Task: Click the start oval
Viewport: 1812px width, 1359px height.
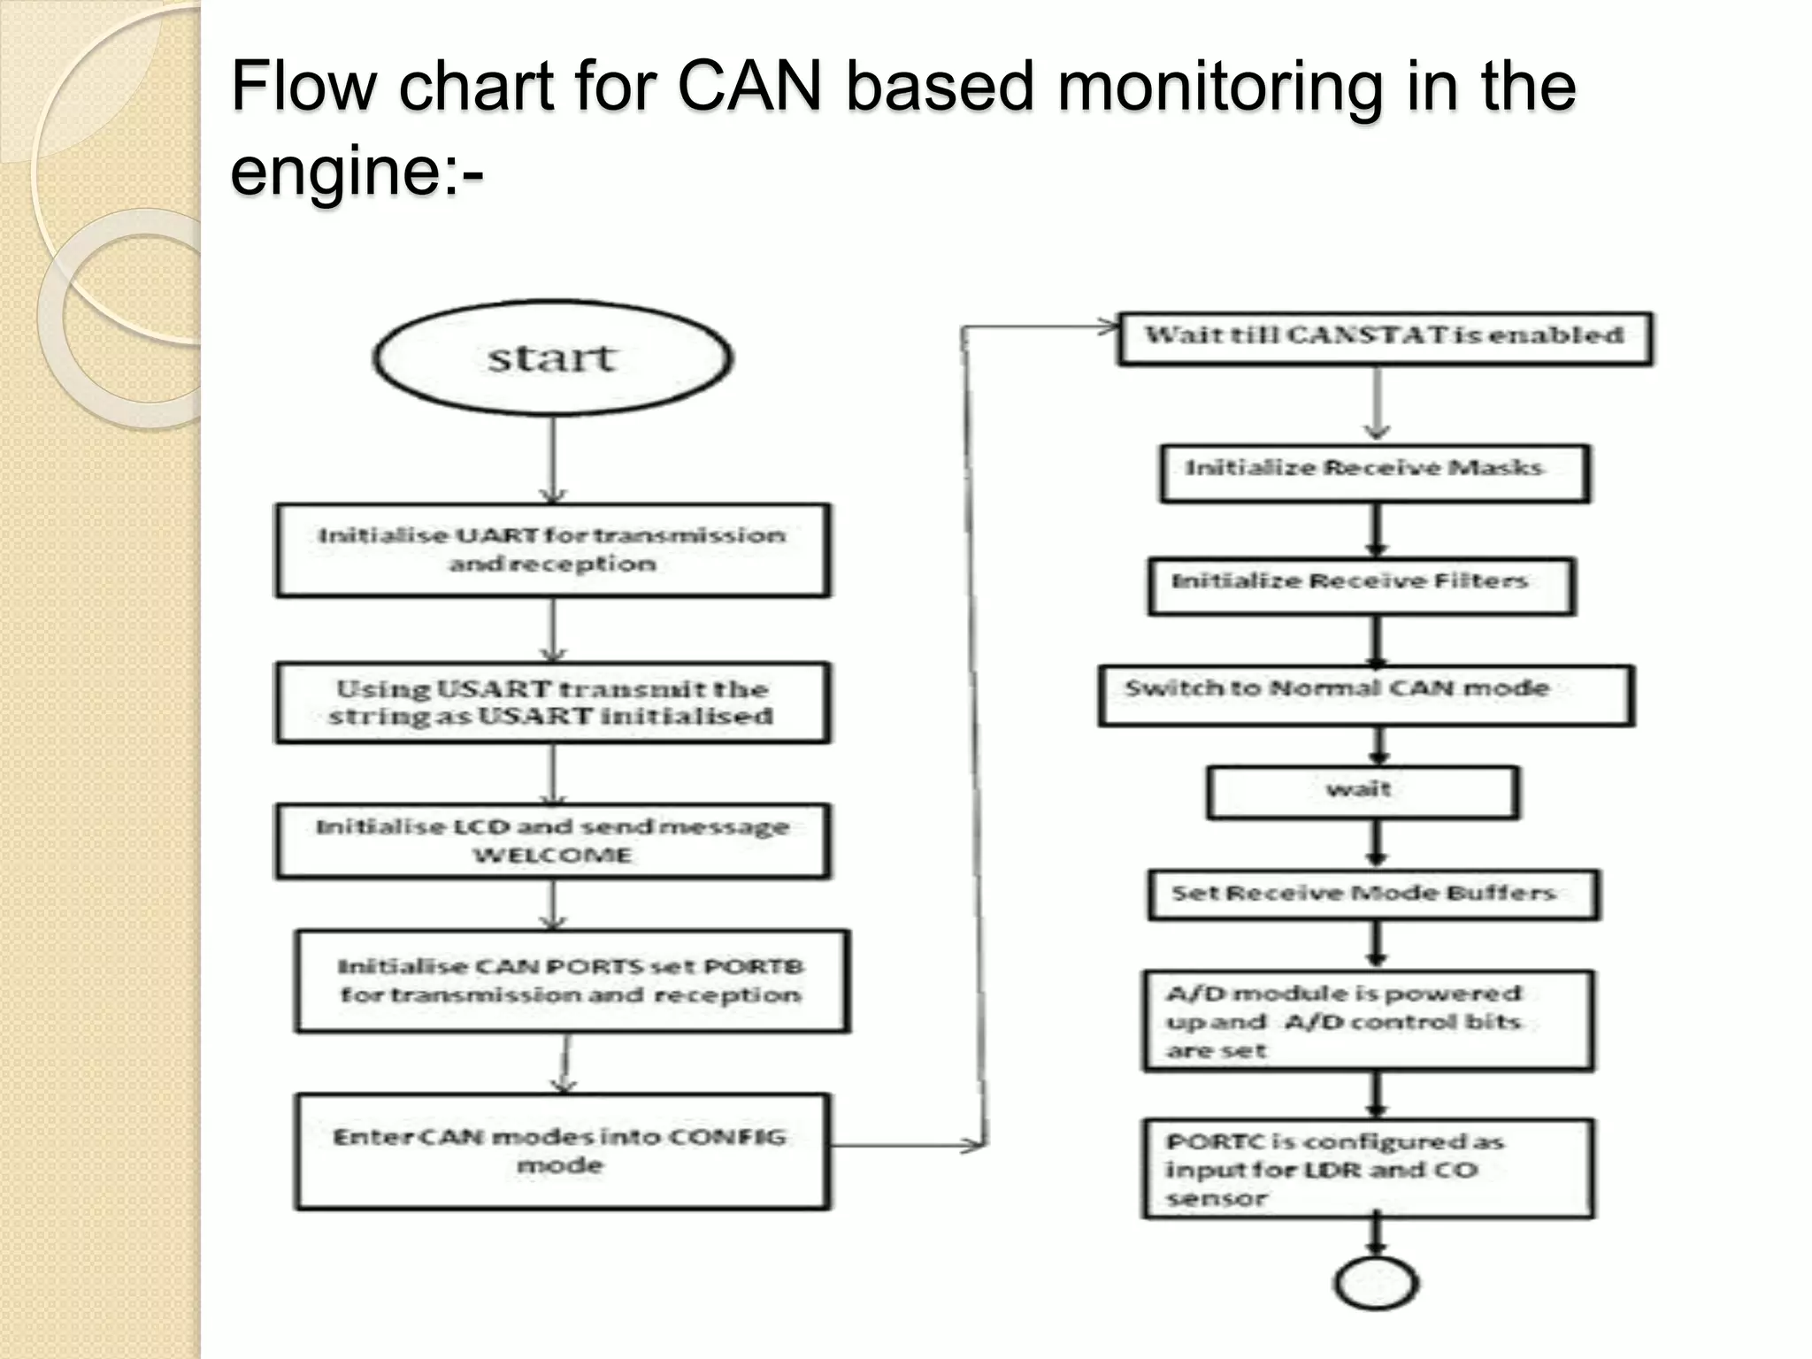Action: coord(553,358)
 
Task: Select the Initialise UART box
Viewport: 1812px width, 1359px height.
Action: coord(553,550)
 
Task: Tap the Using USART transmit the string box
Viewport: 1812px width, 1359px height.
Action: coord(553,703)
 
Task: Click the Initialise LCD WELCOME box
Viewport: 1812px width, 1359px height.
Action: coord(553,841)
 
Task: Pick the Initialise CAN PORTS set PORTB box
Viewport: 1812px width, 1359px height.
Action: coord(572,980)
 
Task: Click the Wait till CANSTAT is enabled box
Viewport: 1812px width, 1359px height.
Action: coord(1385,338)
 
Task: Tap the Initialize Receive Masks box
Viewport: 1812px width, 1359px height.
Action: coord(1375,473)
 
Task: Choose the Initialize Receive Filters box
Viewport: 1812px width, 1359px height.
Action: coord(1362,585)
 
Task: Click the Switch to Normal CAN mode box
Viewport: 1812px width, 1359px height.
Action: coord(1366,695)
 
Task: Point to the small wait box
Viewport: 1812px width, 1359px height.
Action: coord(1363,792)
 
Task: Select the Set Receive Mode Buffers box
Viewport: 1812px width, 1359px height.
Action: coord(1374,894)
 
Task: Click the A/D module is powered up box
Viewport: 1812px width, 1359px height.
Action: coord(1368,1022)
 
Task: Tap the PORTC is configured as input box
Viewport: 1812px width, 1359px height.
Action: coord(1368,1169)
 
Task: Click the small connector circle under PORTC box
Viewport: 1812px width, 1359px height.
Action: coord(1376,1284)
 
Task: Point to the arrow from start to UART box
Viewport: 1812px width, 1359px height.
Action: coord(553,460)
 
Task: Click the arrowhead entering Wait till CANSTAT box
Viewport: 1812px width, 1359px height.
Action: coord(1108,327)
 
